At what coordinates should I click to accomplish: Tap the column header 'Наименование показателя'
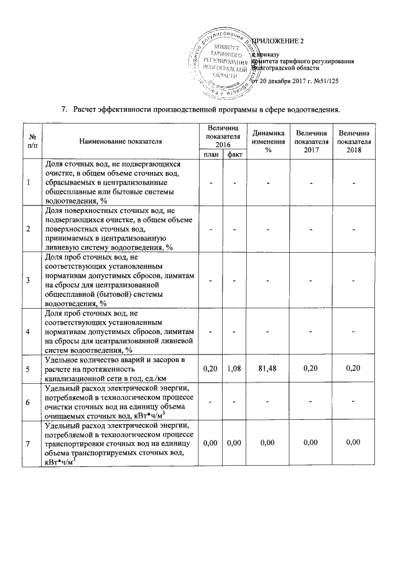(120, 141)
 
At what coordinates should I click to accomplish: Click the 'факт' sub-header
(234, 154)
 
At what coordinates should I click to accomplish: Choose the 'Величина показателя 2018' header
(353, 141)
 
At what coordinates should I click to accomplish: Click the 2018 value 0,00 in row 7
(353, 442)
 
